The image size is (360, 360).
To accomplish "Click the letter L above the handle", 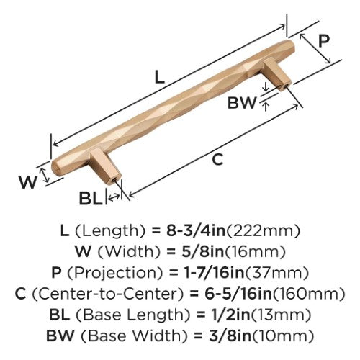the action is point(159,77).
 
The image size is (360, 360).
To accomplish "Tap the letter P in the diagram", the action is point(324,41).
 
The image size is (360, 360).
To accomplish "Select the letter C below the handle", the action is point(217,159).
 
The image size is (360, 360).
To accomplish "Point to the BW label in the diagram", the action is point(242,103).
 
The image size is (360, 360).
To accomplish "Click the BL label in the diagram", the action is point(91,198).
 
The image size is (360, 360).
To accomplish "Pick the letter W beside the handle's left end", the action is point(28,182).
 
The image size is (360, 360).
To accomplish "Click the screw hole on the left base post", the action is point(114,179).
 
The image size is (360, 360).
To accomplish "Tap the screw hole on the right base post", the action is point(285,86).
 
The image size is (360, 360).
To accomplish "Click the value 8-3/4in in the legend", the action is point(196,230).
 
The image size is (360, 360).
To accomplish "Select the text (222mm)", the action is point(263,231).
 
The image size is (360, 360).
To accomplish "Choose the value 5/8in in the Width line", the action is point(202,251).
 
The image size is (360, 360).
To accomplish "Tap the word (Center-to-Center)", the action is point(107,294).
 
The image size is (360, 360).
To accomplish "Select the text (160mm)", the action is point(309,294).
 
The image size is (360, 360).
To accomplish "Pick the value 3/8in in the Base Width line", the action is point(230,336).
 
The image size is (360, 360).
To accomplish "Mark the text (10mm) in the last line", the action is point(283,336).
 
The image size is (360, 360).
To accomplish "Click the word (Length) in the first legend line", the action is point(110,231).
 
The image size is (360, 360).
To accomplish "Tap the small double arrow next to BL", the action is point(113,197).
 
